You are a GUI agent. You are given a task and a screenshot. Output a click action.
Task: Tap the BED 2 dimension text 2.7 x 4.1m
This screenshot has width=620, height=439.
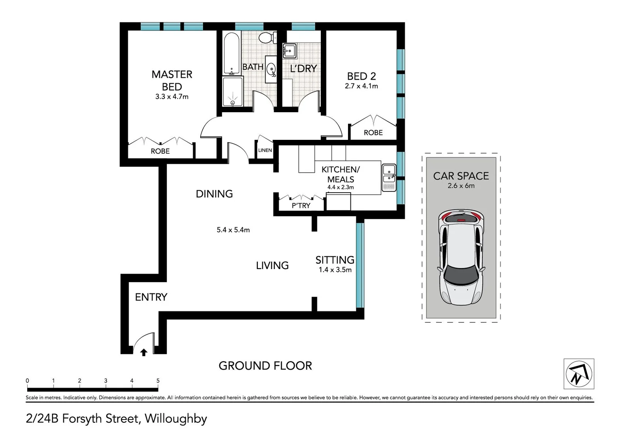[361, 86]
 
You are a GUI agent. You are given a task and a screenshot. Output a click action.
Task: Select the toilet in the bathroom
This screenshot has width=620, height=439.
[266, 38]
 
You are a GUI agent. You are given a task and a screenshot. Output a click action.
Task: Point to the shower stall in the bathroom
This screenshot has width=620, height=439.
[232, 92]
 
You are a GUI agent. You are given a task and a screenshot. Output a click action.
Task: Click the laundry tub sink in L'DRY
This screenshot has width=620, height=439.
[290, 51]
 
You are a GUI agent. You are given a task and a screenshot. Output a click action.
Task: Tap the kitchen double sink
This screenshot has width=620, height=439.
[389, 178]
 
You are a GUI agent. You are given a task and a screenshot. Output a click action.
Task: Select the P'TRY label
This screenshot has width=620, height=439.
[301, 206]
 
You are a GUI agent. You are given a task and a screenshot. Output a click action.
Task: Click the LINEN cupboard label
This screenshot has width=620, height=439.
[265, 150]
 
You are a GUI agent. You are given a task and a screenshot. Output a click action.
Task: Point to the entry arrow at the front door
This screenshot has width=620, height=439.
[143, 352]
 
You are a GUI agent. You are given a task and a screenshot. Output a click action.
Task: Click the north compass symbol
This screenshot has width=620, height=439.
[579, 374]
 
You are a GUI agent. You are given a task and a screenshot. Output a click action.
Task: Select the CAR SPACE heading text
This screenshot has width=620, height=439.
[461, 176]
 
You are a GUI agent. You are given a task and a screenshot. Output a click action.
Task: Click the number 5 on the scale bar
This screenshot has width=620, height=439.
[158, 381]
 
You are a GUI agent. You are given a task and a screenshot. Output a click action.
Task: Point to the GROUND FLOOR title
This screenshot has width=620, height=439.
[265, 366]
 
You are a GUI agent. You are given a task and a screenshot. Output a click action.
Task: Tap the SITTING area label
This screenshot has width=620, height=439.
[335, 260]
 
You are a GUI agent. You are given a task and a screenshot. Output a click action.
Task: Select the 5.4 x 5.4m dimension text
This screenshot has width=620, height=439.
[233, 230]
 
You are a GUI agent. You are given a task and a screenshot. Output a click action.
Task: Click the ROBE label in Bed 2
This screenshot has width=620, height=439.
[373, 133]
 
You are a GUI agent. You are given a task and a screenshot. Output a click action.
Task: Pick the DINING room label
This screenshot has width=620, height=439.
[214, 194]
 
